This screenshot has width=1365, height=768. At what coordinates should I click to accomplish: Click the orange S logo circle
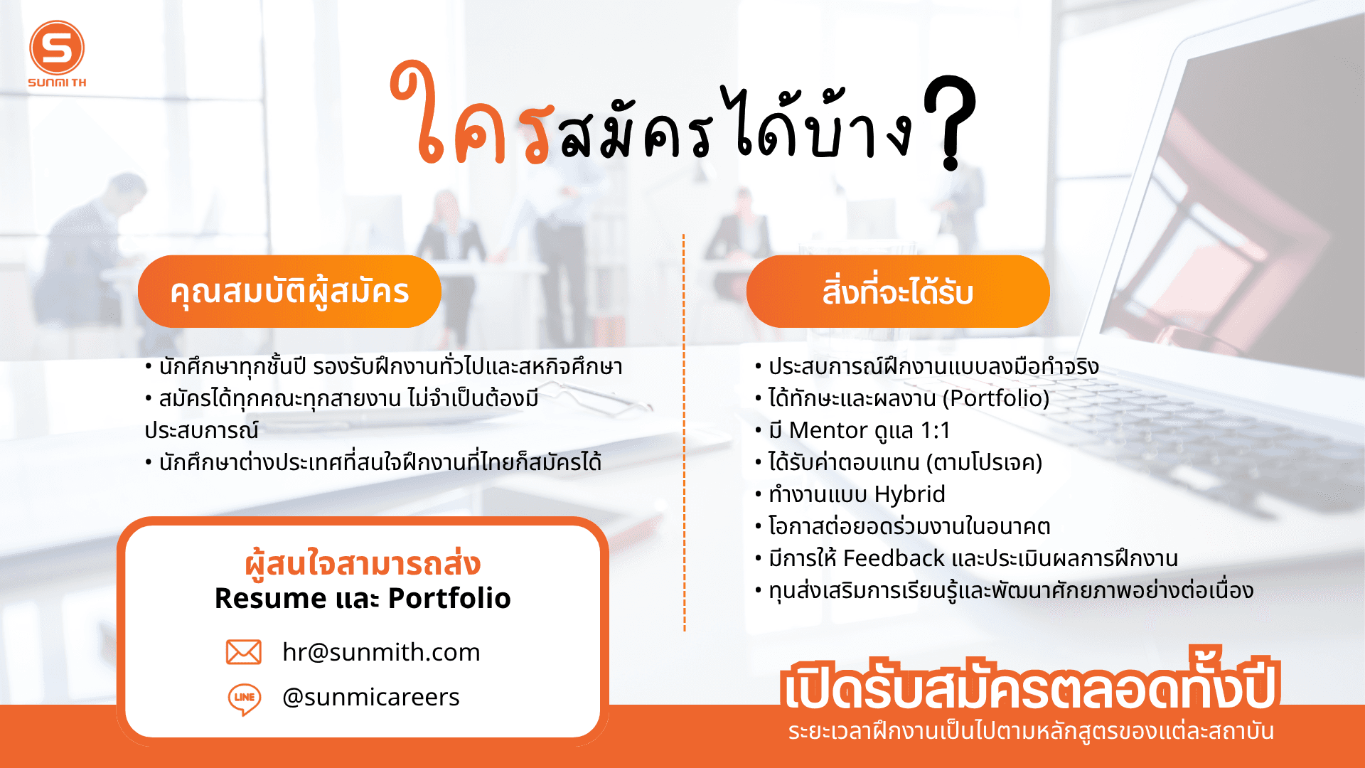(x=57, y=48)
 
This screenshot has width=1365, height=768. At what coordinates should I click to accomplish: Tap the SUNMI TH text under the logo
(x=57, y=82)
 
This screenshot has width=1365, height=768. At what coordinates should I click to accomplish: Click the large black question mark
(x=951, y=123)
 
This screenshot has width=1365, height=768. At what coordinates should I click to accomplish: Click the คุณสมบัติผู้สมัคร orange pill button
(x=289, y=292)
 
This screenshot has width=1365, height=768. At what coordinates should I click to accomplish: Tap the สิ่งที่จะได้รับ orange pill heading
(x=898, y=292)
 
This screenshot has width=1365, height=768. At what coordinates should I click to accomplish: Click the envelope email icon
(x=244, y=652)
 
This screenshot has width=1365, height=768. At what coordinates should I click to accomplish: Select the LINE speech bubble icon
(x=244, y=698)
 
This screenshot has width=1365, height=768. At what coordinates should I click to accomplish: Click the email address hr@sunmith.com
(x=381, y=652)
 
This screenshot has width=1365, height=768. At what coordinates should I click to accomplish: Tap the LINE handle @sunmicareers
(x=371, y=697)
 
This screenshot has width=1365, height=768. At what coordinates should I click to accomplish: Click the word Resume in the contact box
(x=269, y=598)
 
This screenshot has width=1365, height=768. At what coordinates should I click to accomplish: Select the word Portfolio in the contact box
(x=449, y=598)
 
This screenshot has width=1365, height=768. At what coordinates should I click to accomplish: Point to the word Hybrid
(x=910, y=495)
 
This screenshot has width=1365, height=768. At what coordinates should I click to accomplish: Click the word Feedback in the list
(x=894, y=558)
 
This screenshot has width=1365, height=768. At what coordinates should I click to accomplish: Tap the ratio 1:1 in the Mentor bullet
(x=935, y=430)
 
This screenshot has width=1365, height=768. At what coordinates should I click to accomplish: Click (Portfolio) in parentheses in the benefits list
(x=996, y=398)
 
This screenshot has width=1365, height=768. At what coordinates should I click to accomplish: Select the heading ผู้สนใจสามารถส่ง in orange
(x=363, y=564)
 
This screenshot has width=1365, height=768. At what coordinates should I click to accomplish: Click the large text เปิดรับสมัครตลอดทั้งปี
(x=1030, y=681)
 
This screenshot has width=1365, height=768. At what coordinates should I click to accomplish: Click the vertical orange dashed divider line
(x=684, y=432)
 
